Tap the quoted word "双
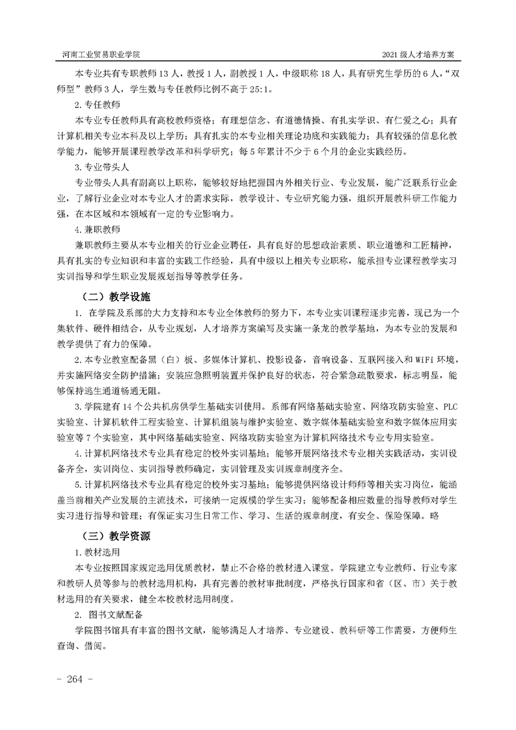pos(452,74)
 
